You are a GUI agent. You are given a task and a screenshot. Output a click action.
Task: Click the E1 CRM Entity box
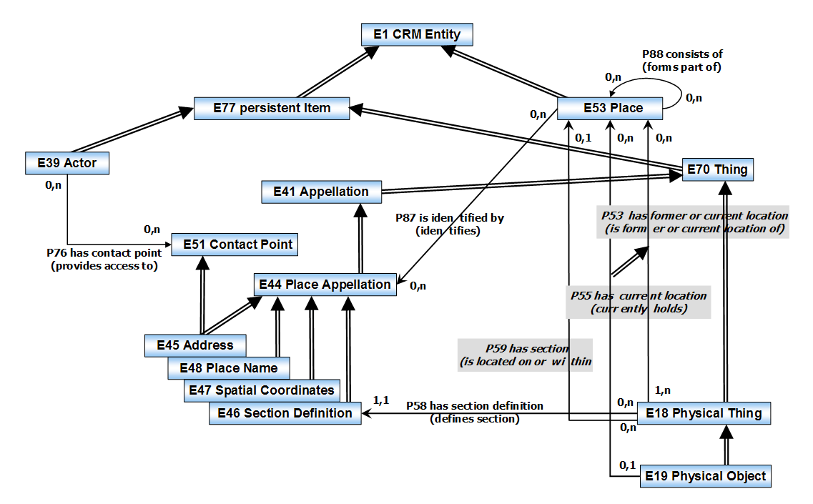coord(417,34)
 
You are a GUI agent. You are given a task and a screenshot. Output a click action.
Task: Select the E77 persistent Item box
coord(272,108)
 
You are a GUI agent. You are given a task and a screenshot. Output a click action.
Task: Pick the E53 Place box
coord(610,108)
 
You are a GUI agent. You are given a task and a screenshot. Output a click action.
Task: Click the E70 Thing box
coord(717,169)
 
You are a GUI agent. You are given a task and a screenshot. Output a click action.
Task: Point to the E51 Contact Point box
coord(233,244)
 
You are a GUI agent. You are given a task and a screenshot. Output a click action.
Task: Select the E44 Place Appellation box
coord(325,285)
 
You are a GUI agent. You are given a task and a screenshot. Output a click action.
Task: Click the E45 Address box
coord(195,345)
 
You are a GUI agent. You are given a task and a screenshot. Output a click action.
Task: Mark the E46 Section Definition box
coord(285,413)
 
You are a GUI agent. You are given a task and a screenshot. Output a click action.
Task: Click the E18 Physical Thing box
coord(704,413)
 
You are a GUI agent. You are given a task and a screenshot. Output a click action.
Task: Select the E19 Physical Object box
coord(704,476)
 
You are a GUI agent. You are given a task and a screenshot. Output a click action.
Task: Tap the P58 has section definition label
coord(475,412)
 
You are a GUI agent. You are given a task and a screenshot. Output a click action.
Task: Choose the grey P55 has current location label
coord(639,302)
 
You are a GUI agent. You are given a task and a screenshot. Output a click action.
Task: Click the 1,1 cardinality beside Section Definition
coord(382,400)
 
